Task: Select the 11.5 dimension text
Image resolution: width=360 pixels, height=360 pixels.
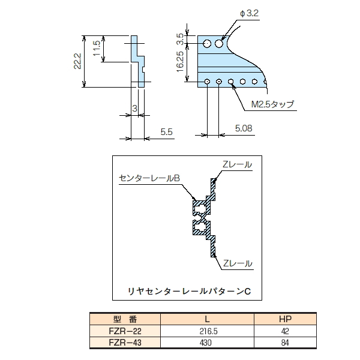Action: click(x=97, y=48)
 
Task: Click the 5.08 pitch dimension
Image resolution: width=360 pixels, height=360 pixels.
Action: click(x=244, y=127)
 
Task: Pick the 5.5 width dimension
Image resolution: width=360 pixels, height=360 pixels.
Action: click(x=167, y=131)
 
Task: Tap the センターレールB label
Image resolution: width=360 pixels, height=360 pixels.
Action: click(x=150, y=178)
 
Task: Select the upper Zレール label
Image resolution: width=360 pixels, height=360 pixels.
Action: click(x=237, y=164)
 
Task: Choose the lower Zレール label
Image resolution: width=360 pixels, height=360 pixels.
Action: click(x=237, y=263)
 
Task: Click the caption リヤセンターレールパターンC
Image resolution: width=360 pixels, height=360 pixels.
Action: click(x=188, y=290)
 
